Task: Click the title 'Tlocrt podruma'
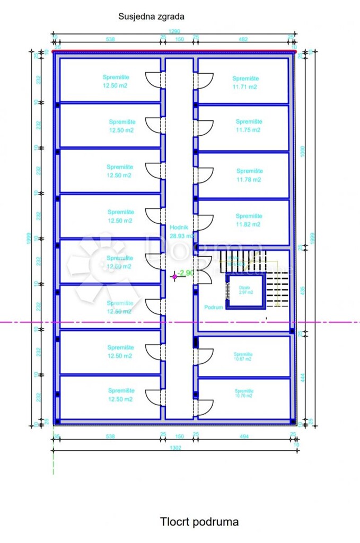(199, 522)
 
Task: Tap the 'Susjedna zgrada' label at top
(151, 16)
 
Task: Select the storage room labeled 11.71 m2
(244, 82)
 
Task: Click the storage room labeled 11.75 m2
(248, 126)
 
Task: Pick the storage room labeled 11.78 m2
(249, 175)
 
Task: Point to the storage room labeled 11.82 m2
(249, 220)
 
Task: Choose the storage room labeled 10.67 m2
(243, 356)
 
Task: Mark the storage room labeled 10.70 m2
(244, 393)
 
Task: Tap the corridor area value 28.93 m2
(181, 237)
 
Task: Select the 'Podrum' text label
(213, 308)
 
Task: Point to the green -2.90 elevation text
(186, 273)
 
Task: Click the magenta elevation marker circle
(174, 276)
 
